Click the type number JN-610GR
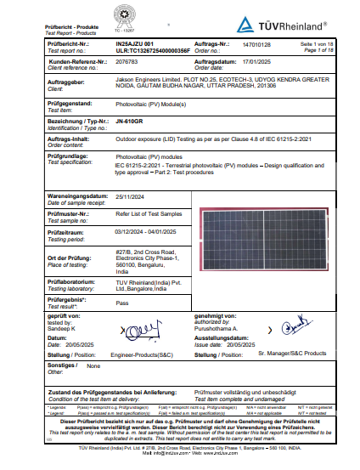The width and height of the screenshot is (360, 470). [x=131, y=122]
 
